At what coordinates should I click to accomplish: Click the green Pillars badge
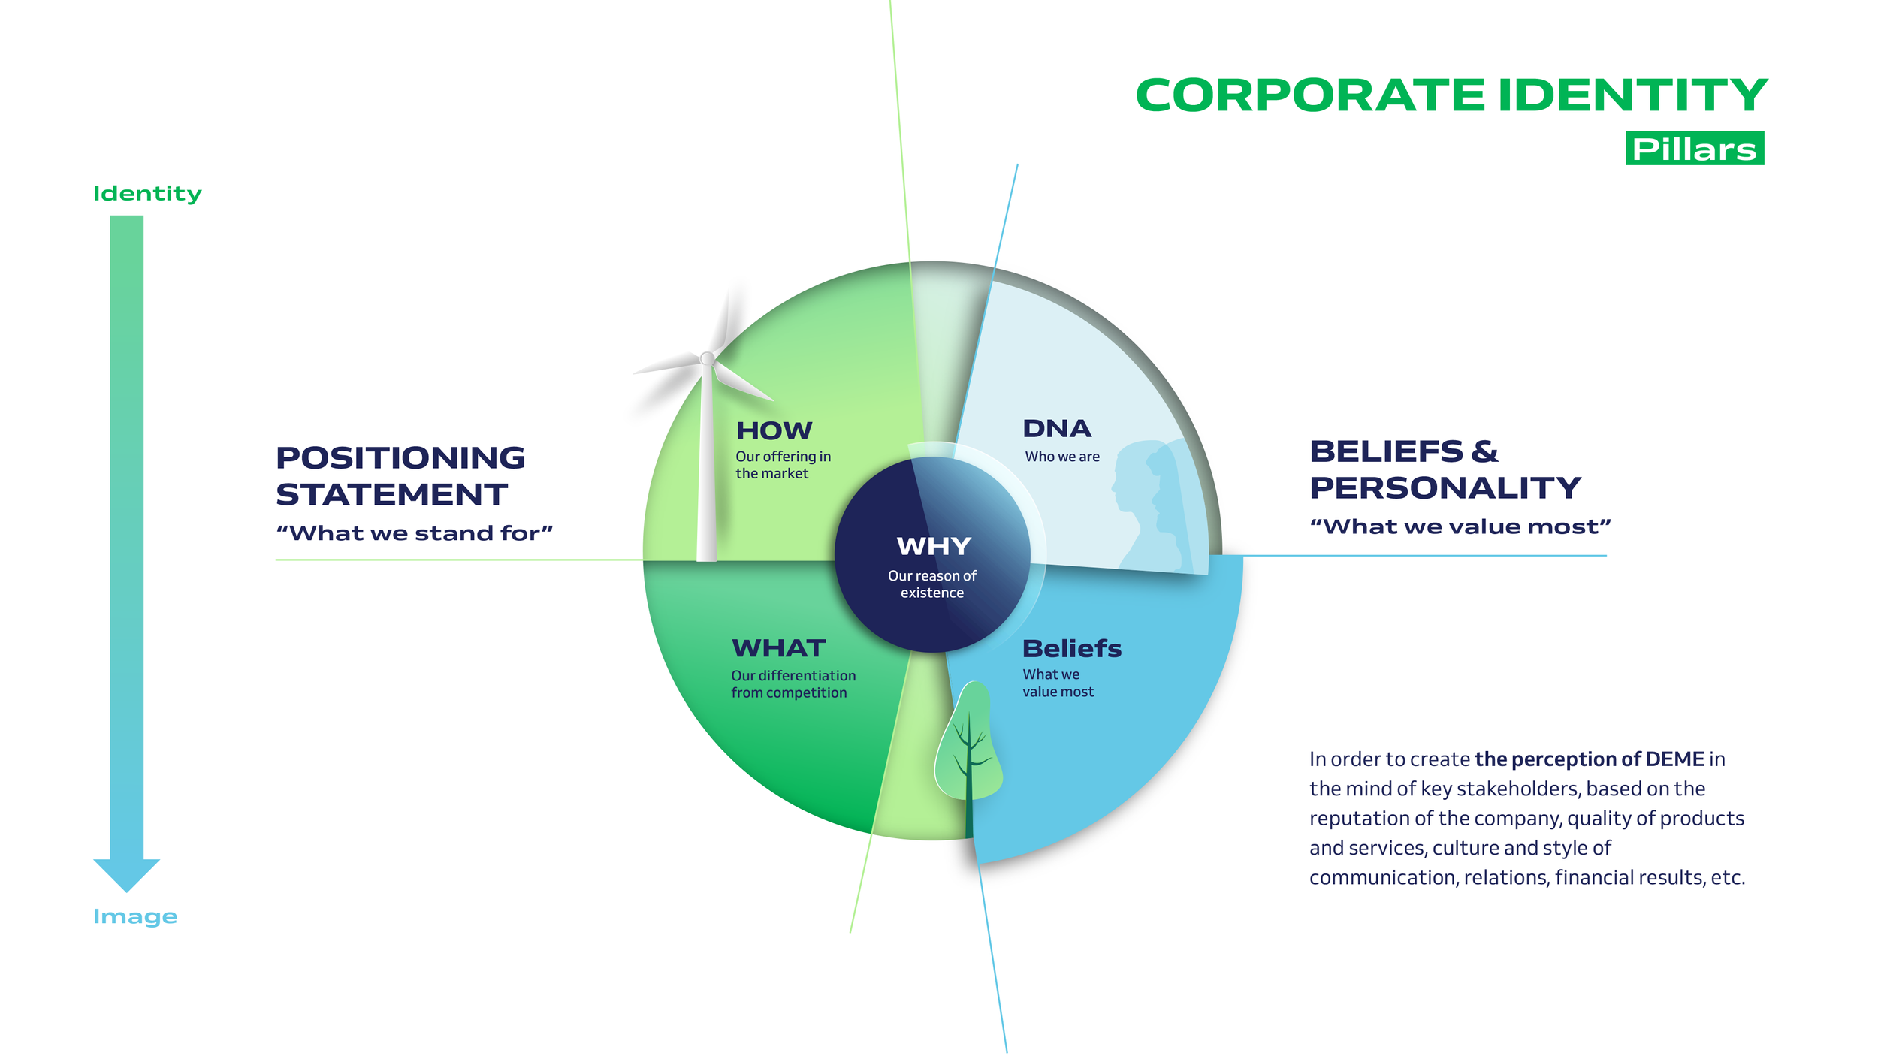(1693, 149)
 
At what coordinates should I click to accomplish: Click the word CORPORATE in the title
(1310, 96)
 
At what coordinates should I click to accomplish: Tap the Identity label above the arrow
(147, 194)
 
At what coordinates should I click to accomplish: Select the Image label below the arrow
(135, 916)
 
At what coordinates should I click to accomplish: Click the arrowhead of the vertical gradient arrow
(126, 873)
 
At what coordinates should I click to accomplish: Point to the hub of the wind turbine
(707, 359)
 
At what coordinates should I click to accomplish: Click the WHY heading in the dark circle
(934, 547)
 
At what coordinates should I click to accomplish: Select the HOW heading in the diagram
(774, 431)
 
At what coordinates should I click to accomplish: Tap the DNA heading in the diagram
(1057, 429)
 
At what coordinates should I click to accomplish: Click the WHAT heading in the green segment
(778, 648)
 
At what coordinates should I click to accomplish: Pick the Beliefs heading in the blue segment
(1071, 648)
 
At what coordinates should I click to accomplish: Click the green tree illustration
(968, 744)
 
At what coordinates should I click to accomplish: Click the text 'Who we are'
(1062, 457)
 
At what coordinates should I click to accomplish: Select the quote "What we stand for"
(414, 533)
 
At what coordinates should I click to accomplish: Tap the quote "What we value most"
(1460, 526)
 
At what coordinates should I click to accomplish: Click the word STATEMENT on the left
(391, 495)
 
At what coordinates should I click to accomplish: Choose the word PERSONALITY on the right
(1445, 488)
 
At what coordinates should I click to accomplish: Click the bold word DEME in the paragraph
(1674, 759)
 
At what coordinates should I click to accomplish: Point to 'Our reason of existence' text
(932, 584)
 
